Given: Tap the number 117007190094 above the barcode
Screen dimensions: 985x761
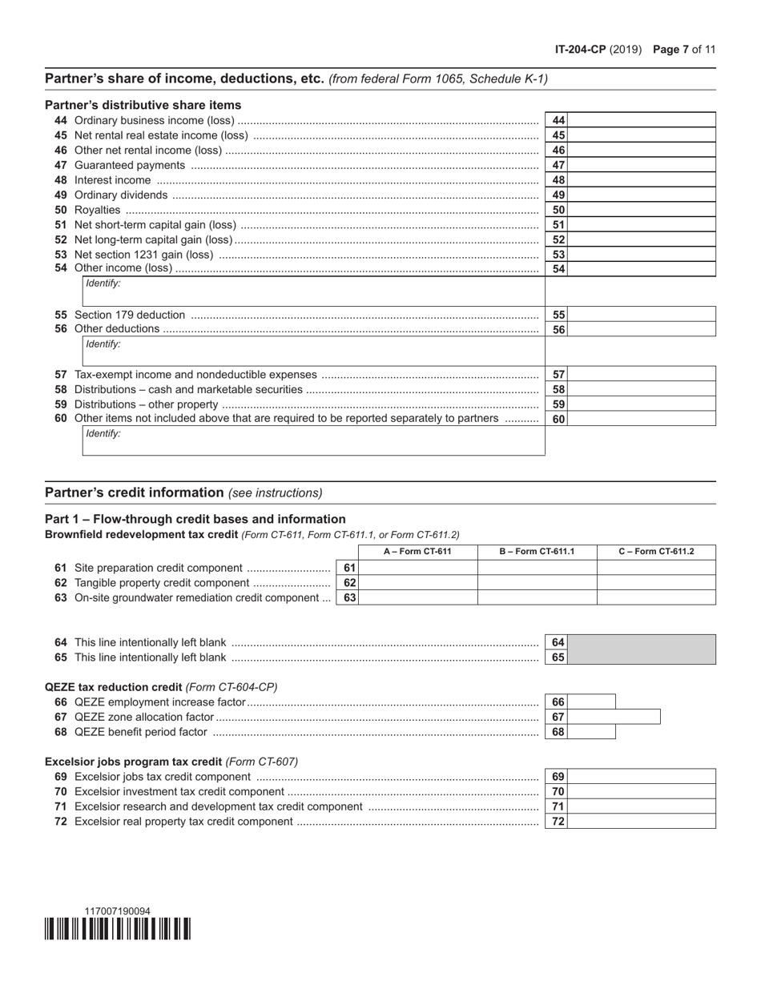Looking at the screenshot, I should (117, 911).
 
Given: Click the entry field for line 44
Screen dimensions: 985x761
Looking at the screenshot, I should (641, 120).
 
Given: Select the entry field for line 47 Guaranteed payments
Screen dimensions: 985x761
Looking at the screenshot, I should (641, 165).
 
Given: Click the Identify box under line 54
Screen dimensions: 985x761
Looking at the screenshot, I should (313, 291).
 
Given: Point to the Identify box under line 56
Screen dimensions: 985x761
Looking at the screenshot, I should (313, 351).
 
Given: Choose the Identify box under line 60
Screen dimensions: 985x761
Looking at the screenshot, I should (313, 440).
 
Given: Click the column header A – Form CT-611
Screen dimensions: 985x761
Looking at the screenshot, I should (417, 552).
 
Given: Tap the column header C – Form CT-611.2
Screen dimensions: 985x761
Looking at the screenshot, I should (657, 552).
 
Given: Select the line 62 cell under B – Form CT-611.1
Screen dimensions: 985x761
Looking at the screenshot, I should (537, 582).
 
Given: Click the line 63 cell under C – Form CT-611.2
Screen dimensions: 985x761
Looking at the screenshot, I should (657, 597).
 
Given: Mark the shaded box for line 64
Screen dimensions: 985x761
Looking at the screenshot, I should (641, 642).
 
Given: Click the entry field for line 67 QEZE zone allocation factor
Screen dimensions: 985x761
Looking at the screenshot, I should (614, 717).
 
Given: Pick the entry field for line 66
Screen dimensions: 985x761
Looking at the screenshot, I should (591, 702).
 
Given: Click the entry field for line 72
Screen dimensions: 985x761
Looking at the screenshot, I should (641, 821).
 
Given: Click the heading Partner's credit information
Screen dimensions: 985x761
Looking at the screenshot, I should (135, 492).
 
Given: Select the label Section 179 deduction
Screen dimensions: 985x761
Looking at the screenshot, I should (129, 315).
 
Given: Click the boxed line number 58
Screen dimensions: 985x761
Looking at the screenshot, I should (558, 389).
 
